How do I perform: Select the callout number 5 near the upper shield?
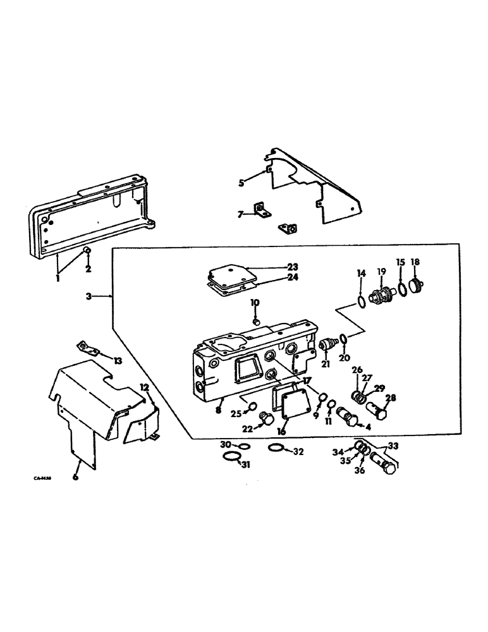pyautogui.click(x=241, y=183)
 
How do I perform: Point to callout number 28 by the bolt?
pyautogui.click(x=390, y=398)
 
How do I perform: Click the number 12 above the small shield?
pyautogui.click(x=144, y=387)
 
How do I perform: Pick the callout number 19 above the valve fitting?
pyautogui.click(x=381, y=271)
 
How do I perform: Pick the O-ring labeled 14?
pyautogui.click(x=360, y=301)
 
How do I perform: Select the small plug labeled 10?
pyautogui.click(x=255, y=322)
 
